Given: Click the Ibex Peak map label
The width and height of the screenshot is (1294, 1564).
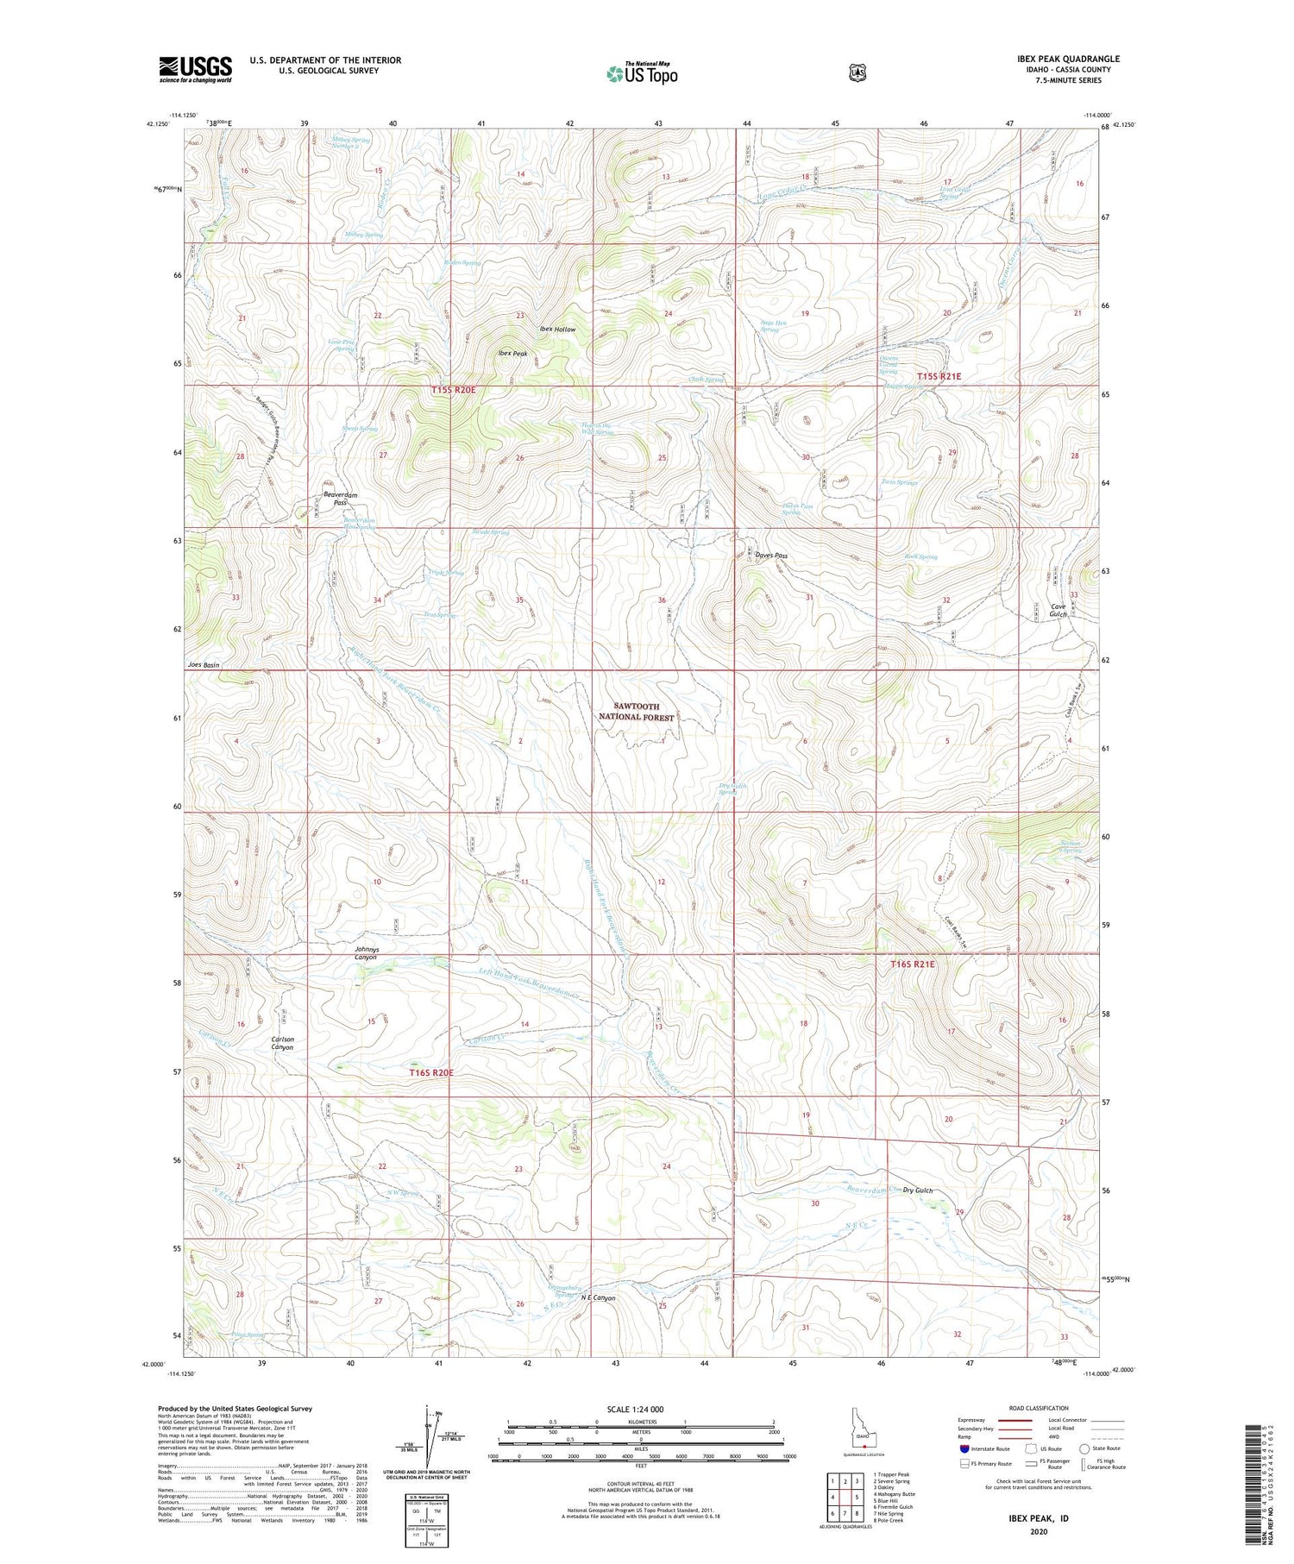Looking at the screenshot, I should click(x=512, y=353).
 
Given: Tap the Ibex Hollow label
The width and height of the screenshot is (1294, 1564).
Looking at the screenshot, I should click(x=557, y=330).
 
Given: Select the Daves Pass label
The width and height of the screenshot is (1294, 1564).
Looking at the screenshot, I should click(x=771, y=556).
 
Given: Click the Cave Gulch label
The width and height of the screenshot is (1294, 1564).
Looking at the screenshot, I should click(x=1058, y=610).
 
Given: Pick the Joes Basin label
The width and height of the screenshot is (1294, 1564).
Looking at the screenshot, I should click(x=203, y=664).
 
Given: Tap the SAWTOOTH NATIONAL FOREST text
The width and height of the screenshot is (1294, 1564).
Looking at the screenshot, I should click(x=636, y=712).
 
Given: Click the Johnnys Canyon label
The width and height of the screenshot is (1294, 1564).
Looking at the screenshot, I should click(x=361, y=952).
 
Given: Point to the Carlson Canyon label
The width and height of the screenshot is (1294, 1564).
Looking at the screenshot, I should click(x=283, y=1043).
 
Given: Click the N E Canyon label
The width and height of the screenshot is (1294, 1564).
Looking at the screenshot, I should click(x=598, y=1297).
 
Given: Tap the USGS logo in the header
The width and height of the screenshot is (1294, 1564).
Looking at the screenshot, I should click(x=195, y=69).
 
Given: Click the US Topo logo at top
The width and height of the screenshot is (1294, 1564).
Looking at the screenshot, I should click(x=642, y=73).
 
